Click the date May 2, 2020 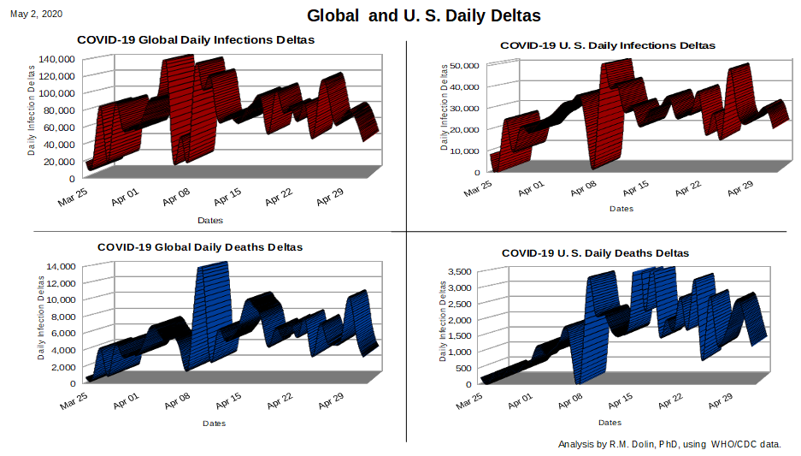[x=36, y=14]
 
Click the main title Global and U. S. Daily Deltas [x=423, y=16]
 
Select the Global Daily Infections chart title [x=196, y=40]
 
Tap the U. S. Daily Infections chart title [x=608, y=45]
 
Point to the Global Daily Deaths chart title [x=200, y=247]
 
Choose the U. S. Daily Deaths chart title [x=595, y=253]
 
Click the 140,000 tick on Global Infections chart [x=56, y=59]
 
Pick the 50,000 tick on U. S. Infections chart [x=464, y=65]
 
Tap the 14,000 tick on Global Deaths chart [x=61, y=266]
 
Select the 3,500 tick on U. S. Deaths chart [x=460, y=271]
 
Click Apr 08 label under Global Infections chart [x=176, y=197]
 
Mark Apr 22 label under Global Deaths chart [x=280, y=400]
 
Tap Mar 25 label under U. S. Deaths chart [x=469, y=400]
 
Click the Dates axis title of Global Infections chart [x=210, y=221]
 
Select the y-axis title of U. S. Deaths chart [x=443, y=322]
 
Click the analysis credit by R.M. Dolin [x=669, y=444]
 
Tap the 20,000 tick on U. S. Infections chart [x=464, y=130]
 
